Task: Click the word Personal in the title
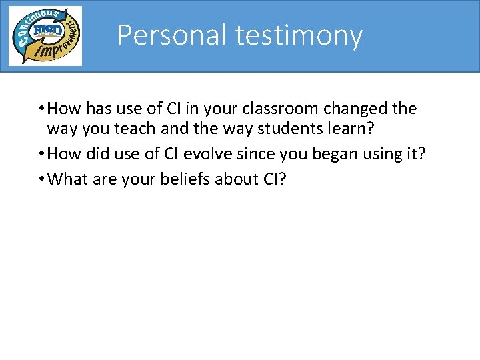[172, 35]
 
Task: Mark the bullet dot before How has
[42, 109]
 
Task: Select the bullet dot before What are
[42, 179]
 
